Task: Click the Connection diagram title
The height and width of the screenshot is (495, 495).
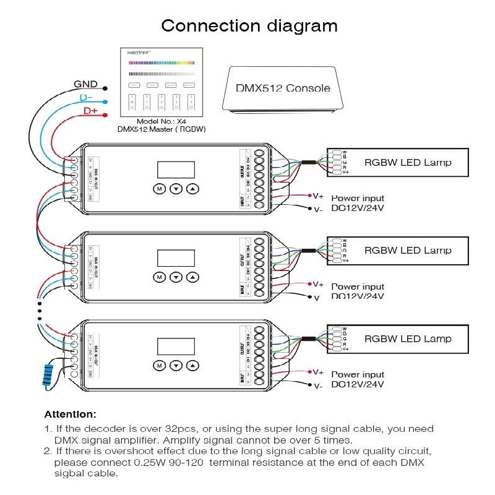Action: (249, 26)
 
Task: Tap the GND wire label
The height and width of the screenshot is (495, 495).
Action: (85, 84)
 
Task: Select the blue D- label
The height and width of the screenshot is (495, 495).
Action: (86, 98)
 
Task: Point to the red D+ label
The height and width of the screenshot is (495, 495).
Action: (90, 111)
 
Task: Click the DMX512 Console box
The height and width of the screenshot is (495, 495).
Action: (283, 88)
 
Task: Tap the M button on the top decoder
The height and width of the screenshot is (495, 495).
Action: (159, 189)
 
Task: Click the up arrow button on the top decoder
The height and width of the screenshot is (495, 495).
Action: (194, 189)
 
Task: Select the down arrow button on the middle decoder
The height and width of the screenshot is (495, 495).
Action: (176, 277)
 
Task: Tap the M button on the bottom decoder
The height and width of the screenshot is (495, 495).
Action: (159, 366)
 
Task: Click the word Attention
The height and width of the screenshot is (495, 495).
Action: (70, 414)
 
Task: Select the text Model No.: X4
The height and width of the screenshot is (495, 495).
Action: (161, 122)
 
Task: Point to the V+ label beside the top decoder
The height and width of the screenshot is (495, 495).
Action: (318, 196)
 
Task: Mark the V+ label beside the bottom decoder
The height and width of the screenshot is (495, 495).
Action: (318, 372)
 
